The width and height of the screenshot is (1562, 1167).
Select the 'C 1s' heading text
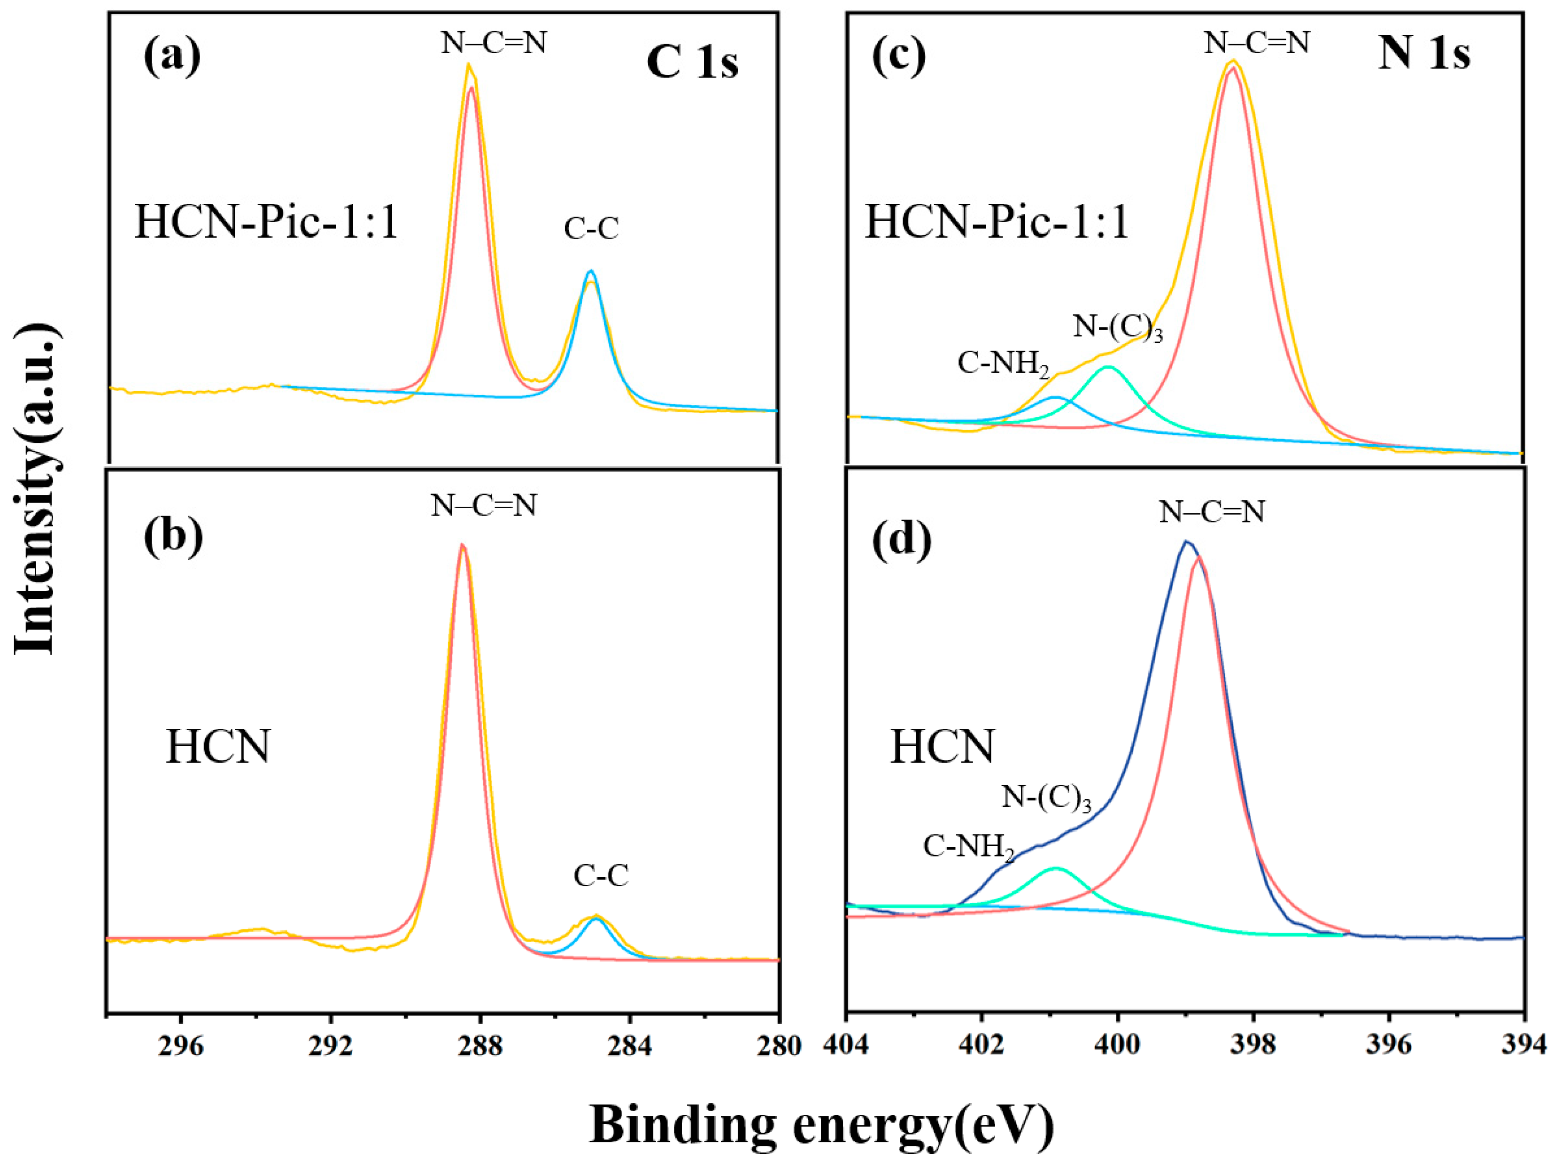[x=692, y=62]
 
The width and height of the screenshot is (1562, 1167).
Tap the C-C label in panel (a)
[x=591, y=229]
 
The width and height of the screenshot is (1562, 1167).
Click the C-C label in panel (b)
[x=601, y=876]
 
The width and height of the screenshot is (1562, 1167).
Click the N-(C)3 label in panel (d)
[x=1046, y=798]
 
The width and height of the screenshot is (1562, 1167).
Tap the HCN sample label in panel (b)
[x=217, y=747]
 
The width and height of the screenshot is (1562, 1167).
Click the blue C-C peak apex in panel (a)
[x=591, y=270]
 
